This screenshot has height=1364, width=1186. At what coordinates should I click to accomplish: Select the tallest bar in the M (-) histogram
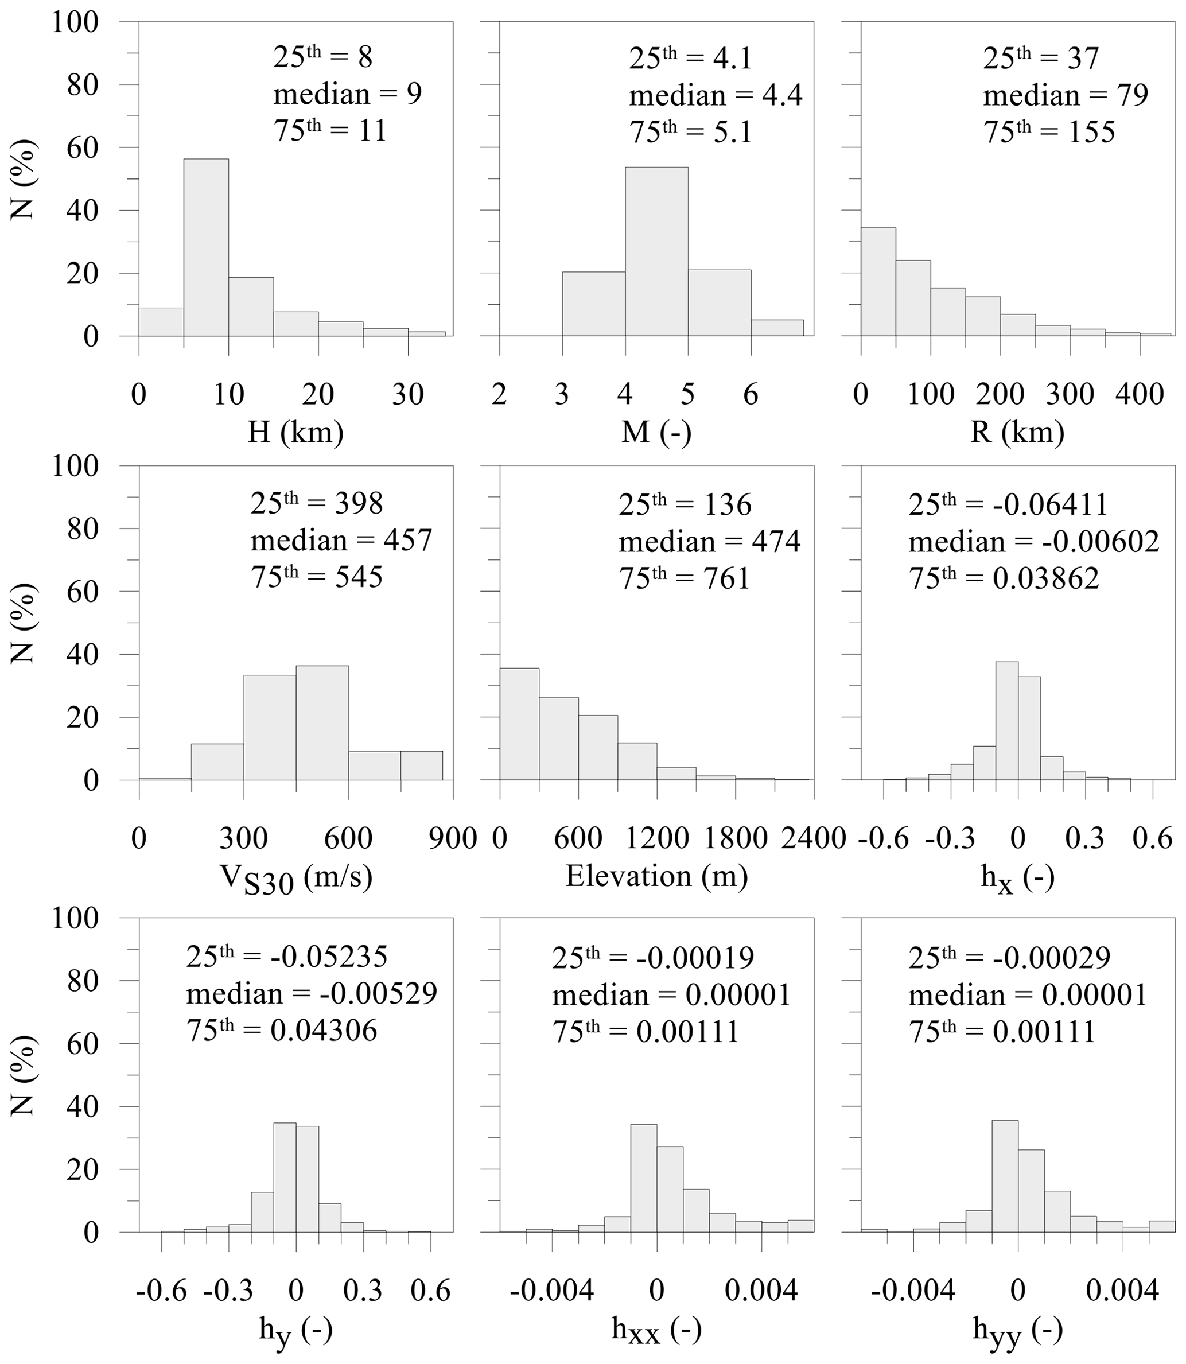pyautogui.click(x=656, y=251)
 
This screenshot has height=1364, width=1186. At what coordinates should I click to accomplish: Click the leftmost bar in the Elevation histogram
pyautogui.click(x=519, y=724)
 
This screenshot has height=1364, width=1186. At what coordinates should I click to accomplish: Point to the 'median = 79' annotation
pyautogui.click(x=1065, y=95)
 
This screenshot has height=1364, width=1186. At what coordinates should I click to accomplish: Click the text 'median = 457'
pyautogui.click(x=341, y=540)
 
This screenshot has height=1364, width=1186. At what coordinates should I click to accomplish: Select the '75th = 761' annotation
pyautogui.click(x=685, y=578)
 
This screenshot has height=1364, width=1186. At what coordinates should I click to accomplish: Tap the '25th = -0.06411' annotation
pyautogui.click(x=1008, y=504)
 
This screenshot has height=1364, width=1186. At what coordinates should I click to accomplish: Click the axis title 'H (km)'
pyautogui.click(x=295, y=432)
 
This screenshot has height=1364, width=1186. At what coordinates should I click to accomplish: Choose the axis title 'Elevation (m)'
pyautogui.click(x=656, y=876)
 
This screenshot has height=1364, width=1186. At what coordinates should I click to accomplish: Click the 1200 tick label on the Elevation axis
pyautogui.click(x=656, y=838)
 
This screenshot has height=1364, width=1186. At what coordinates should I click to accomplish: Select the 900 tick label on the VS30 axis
pyautogui.click(x=453, y=838)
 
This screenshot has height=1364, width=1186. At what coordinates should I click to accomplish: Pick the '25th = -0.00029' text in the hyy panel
pyautogui.click(x=1009, y=957)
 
